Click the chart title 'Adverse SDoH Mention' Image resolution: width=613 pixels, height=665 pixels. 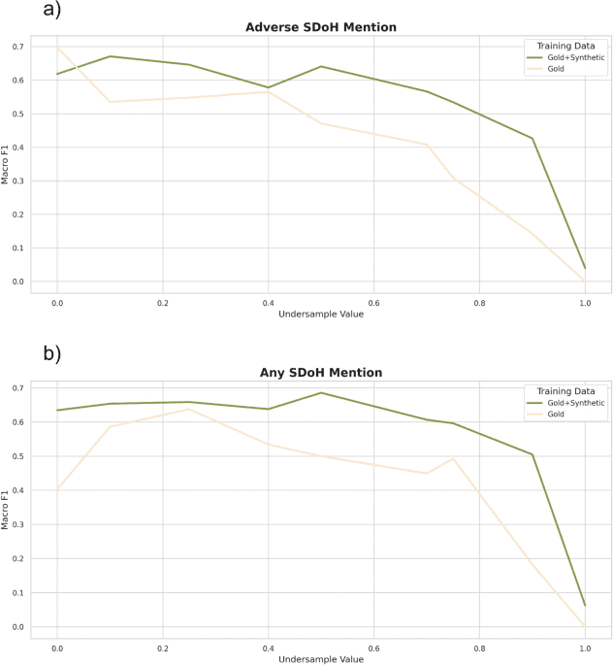coord(321,27)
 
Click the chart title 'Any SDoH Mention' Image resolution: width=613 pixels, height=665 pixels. coord(321,373)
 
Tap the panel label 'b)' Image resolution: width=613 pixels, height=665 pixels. coord(51,353)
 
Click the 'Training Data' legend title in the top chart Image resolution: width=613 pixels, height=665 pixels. coord(565,45)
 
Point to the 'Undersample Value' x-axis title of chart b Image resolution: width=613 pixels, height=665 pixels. coord(321,659)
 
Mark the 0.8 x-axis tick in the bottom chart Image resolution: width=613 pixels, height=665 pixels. coord(479,647)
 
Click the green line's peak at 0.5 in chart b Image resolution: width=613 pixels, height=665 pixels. coord(321,393)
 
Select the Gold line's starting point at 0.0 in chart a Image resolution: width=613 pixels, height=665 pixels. coord(57,48)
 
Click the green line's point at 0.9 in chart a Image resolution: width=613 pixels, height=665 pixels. coord(532,139)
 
